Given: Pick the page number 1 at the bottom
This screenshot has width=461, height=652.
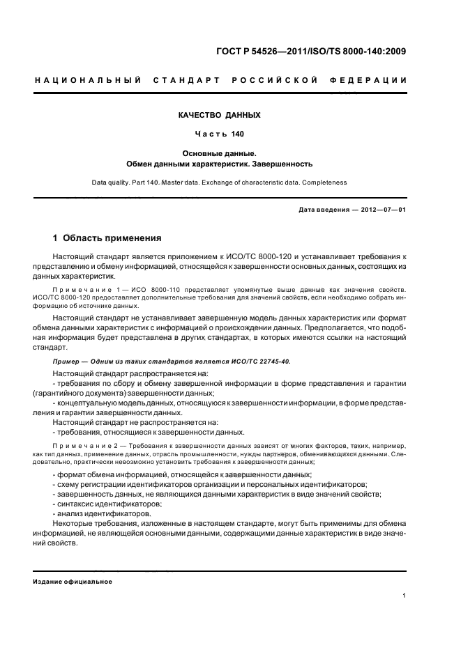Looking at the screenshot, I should [x=405, y=596].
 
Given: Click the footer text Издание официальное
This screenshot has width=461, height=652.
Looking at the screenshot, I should [x=73, y=582].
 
